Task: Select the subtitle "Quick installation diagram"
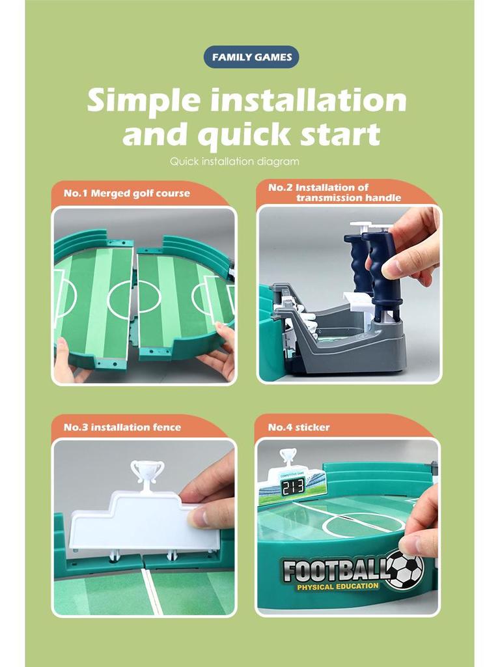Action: point(234,162)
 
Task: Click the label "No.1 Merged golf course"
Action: point(127,193)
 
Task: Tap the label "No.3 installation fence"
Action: point(122,427)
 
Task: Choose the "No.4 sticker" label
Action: point(298,427)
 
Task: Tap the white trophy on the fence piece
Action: point(147,472)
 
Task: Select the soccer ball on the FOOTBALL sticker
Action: point(406,569)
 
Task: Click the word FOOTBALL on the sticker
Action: point(335,570)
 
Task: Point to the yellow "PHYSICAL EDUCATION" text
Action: point(338,587)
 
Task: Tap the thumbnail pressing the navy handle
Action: point(394,269)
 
